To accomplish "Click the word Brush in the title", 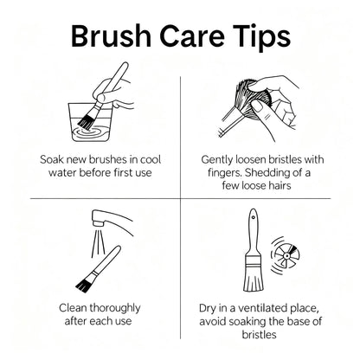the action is click(112, 36).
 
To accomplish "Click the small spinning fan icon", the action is click(286, 255).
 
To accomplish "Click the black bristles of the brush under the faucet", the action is click(86, 283).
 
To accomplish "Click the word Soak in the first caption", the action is click(51, 159).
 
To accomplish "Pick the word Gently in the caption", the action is click(217, 160).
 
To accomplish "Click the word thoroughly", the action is click(115, 309).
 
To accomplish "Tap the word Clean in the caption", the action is click(73, 308).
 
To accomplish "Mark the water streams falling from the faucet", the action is click(98, 243).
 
